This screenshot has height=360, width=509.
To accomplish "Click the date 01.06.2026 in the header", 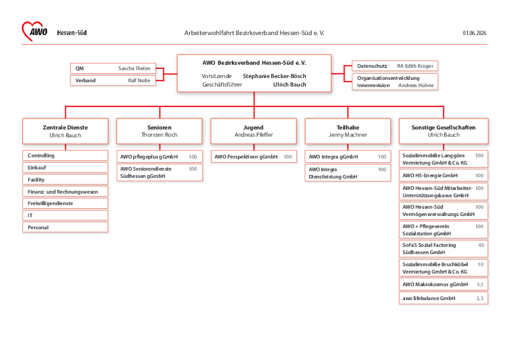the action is coord(475,33).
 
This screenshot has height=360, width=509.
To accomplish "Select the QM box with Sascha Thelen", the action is coord(113,68).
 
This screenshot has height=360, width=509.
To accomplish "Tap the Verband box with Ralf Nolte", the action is coord(113,80).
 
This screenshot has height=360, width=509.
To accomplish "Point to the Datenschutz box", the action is coord(395,66).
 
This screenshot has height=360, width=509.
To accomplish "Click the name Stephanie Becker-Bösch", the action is coord(274,76).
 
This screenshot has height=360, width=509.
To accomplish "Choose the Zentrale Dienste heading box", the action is coord(65,131).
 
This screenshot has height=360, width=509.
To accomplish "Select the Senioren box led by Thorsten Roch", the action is coord(160,131).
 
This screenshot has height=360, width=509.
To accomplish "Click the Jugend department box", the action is coord(253,131).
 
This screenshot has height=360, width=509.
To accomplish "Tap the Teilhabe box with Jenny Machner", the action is coord(348,131).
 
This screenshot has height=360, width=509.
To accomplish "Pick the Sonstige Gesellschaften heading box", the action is coord(444,131).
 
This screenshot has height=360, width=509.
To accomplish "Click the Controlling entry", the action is coord(65,155).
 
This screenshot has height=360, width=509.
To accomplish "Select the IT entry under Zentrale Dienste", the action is coord(65,215).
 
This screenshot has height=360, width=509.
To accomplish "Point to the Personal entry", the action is coord(65,227).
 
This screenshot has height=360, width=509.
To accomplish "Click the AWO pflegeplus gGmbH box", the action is coord(160,157).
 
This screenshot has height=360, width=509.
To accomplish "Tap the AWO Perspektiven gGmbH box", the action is coord(253,157).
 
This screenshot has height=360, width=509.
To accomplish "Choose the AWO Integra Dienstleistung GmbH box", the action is coord(348,173).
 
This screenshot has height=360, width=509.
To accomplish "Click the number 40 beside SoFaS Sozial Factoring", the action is coord(481,245).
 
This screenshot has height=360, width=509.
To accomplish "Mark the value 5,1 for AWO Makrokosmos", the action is coord(480,284).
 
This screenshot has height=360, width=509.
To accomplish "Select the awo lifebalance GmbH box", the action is coord(444,298).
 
